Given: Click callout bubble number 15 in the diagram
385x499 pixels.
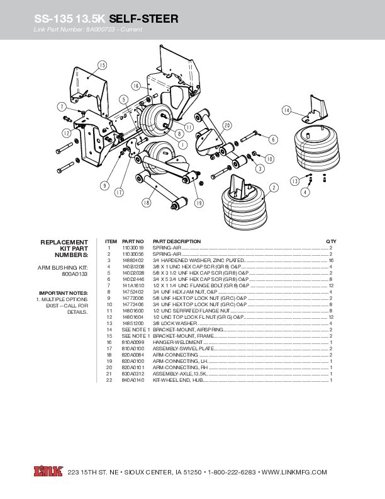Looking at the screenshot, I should click(x=102, y=65).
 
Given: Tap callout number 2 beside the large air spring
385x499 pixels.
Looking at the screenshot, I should click(x=274, y=187).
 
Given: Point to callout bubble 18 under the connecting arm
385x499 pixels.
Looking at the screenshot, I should click(x=146, y=203).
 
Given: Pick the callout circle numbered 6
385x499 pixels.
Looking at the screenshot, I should click(x=273, y=138).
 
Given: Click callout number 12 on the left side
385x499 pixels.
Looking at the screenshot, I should click(x=66, y=133).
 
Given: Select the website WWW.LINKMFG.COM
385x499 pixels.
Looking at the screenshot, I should click(x=294, y=472).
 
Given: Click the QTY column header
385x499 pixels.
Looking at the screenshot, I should click(x=331, y=241).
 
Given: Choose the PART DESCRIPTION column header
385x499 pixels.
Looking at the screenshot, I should click(x=177, y=241).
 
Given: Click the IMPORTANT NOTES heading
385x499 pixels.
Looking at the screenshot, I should click(x=64, y=293).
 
